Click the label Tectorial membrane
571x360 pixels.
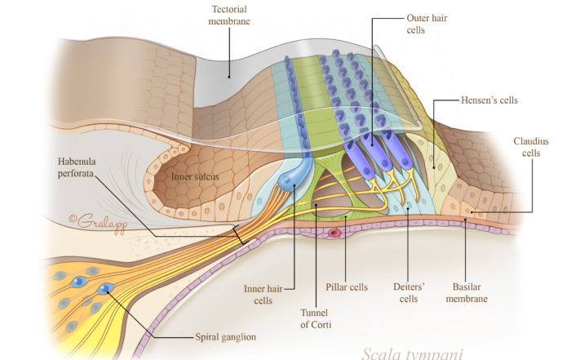coord(230,14)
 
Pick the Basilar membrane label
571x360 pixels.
coord(471,292)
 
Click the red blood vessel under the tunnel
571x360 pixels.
coord(334,233)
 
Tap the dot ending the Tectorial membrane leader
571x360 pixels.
coord(230,77)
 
